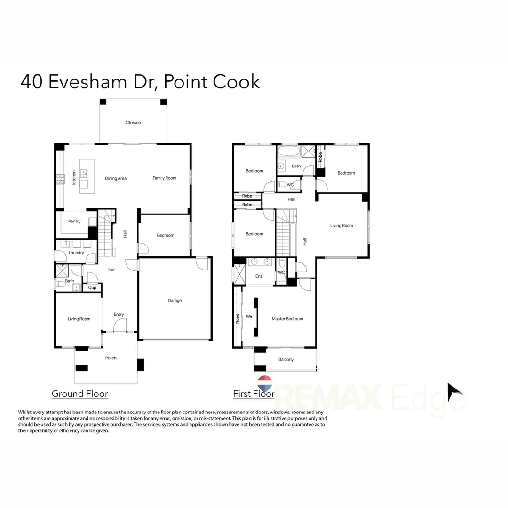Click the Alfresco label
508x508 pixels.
pos(133,122)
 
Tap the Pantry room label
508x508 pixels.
pos(74,221)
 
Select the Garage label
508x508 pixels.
pos(175,300)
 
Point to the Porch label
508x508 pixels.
pos(111,358)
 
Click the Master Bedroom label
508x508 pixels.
pos(287,319)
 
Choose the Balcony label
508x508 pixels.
pos(286,360)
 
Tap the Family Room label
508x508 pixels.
pos(164,178)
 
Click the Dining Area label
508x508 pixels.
pos(116,178)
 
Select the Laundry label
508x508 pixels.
pos(76,253)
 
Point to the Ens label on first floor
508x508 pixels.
pos(259,276)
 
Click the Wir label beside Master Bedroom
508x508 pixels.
pos(249,317)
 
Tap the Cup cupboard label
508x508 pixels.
pos(92,288)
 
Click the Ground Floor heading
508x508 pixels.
pos(79,394)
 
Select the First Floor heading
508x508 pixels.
pos(254,394)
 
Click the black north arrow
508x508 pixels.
pos(453,391)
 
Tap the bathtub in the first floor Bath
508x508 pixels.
pos(289,151)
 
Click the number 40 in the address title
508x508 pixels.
pos(32,81)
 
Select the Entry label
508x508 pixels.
pos(119,314)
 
